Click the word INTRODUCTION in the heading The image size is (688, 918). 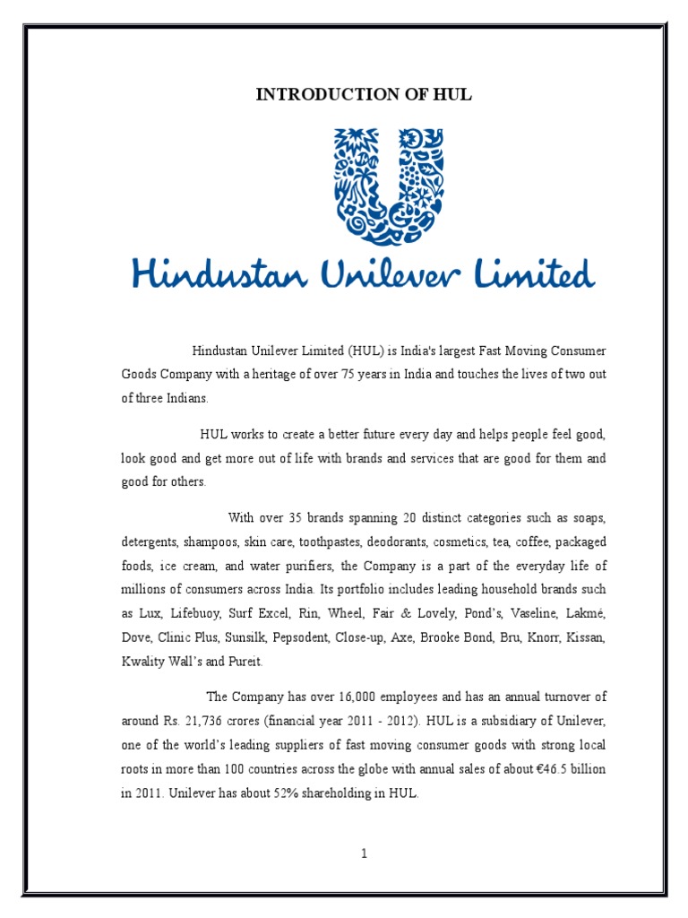tap(313, 96)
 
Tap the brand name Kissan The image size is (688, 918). tap(586, 637)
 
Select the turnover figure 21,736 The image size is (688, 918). tap(203, 721)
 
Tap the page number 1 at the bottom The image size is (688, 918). tap(365, 854)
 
